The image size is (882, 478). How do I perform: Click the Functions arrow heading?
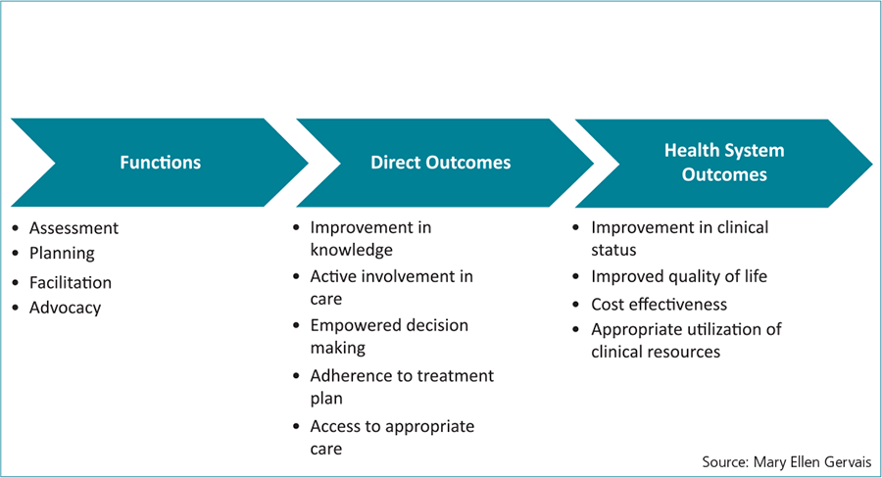(x=161, y=163)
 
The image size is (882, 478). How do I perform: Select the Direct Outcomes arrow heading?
(x=440, y=163)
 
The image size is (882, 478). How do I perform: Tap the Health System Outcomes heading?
(x=724, y=162)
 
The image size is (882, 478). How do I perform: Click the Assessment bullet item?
(x=73, y=228)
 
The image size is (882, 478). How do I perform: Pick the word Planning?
(x=62, y=253)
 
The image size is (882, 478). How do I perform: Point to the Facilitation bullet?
(x=71, y=282)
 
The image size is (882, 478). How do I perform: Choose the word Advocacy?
(x=66, y=308)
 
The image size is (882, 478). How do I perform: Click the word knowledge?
(x=352, y=250)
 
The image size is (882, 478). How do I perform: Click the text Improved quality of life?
(x=679, y=276)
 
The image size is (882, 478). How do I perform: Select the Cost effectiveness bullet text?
(x=659, y=305)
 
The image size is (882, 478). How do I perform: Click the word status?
(x=613, y=250)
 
